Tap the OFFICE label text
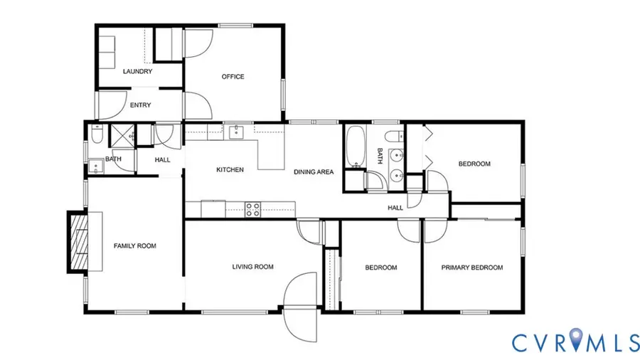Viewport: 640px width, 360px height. coord(233,77)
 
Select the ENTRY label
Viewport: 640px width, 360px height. coord(140,105)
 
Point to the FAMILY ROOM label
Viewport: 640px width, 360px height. coord(134,246)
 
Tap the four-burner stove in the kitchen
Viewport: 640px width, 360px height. coord(253,209)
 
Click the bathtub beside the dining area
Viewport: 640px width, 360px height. coord(354,147)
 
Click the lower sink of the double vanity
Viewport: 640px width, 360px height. coord(397,175)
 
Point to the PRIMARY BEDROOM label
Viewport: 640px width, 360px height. coord(471,268)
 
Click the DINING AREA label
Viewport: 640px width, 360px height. coord(314,171)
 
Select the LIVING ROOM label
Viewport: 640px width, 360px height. coord(252,268)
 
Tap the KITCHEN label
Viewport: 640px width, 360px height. coord(230,170)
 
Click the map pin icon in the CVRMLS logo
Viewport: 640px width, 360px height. coord(567,341)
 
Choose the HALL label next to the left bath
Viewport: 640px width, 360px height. coord(162,160)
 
